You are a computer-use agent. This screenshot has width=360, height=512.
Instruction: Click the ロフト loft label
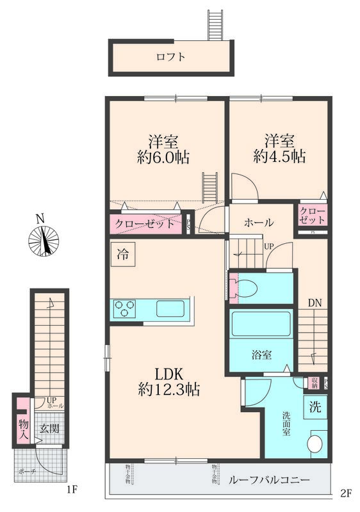coord(170,57)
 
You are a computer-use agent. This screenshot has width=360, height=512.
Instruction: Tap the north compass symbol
coord(44,240)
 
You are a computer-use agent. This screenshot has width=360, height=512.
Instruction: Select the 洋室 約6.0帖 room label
coord(163,148)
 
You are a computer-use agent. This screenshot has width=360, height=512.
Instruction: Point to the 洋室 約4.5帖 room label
coord(279,148)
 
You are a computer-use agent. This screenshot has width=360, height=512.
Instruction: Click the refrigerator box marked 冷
coord(122,253)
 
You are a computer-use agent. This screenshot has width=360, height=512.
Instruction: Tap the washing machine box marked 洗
coord(315,405)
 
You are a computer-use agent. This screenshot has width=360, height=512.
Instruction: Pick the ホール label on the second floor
coord(259,223)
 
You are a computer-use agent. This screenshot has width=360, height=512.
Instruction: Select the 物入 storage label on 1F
coord(23,429)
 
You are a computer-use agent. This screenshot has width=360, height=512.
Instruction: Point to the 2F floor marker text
coord(346,493)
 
